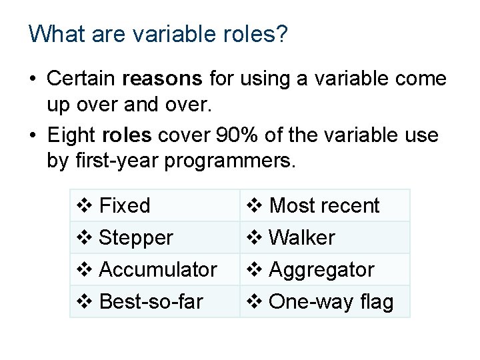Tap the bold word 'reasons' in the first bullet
pyautogui.click(x=163, y=79)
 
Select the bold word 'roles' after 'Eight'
pyautogui.click(x=127, y=136)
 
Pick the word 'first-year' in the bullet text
pyautogui.click(x=119, y=161)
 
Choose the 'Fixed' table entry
pyautogui.click(x=124, y=205)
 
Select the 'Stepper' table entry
pyautogui.click(x=135, y=237)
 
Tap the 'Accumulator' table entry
pyautogui.click(x=157, y=269)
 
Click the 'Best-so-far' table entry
pyautogui.click(x=150, y=301)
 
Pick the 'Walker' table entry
pyautogui.click(x=301, y=237)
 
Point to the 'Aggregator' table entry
pyautogui.click(x=321, y=269)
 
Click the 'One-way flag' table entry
pyautogui.click(x=331, y=301)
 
